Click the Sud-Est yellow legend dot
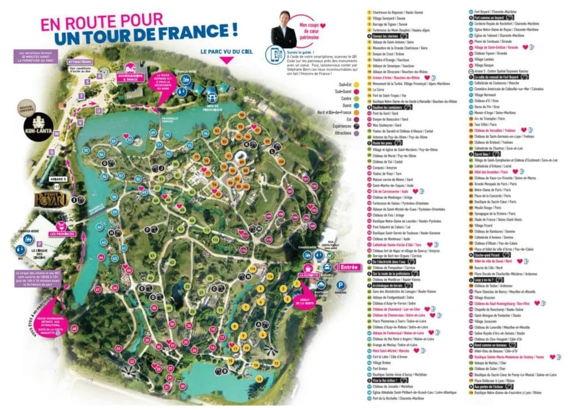(x=352, y=84)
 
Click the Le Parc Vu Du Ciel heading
(x=225, y=52)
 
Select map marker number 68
(x=74, y=329)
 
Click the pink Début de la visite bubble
(x=304, y=300)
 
